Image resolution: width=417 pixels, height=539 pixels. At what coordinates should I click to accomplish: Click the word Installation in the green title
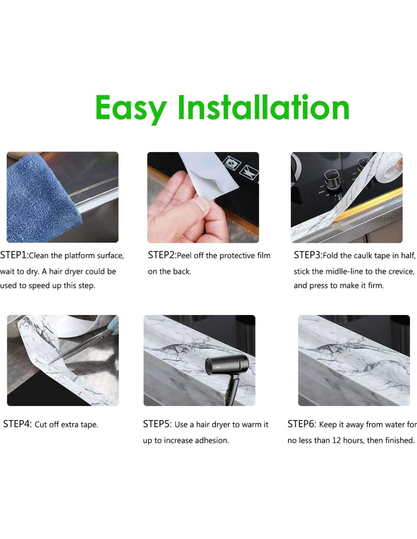pos(263,107)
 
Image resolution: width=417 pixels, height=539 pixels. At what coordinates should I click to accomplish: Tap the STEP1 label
pos(14,255)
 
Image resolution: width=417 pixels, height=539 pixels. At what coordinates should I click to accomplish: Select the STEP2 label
pos(162,255)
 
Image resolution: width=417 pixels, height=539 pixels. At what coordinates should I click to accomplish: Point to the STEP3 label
pos(308,255)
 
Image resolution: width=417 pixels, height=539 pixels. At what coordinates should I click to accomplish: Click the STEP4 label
pos(17,424)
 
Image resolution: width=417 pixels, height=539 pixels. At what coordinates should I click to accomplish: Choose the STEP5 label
pos(157,424)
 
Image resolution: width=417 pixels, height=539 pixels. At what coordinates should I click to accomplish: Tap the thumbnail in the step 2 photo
pos(202,205)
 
